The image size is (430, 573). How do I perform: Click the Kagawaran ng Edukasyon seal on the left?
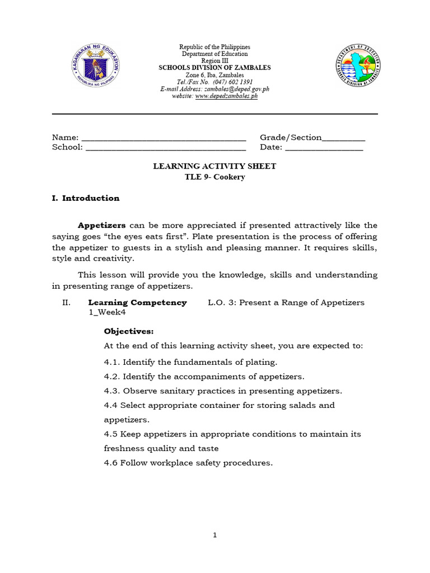point(96,65)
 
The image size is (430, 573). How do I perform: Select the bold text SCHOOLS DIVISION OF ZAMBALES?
point(214,68)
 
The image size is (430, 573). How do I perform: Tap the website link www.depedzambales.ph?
point(226,96)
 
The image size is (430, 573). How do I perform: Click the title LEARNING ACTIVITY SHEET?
point(214,167)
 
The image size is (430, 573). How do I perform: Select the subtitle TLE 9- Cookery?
point(214,177)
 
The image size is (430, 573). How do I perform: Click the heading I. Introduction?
point(86,198)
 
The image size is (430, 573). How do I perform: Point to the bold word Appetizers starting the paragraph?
point(101,226)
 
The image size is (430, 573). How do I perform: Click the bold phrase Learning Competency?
point(138,303)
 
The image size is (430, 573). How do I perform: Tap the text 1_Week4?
point(107,313)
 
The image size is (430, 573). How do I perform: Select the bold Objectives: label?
point(128,331)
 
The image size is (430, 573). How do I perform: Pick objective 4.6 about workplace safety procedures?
point(188,463)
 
